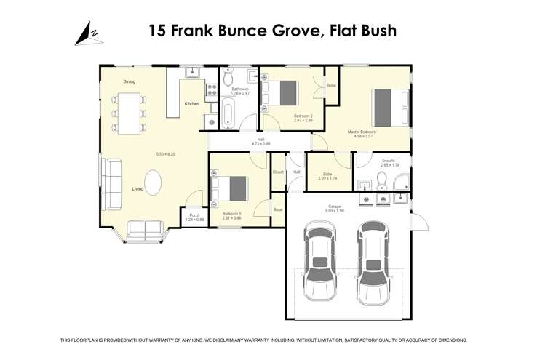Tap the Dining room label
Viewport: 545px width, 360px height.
pyautogui.click(x=129, y=81)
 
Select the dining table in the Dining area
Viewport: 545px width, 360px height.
pyautogui.click(x=129, y=113)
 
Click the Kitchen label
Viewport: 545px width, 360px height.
pyautogui.click(x=191, y=104)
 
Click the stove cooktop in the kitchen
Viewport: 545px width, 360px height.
pyautogui.click(x=211, y=90)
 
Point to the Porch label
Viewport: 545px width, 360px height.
pyautogui.click(x=194, y=215)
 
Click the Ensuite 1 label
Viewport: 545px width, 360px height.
pyautogui.click(x=389, y=160)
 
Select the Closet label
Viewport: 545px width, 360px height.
pyautogui.click(x=278, y=172)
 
